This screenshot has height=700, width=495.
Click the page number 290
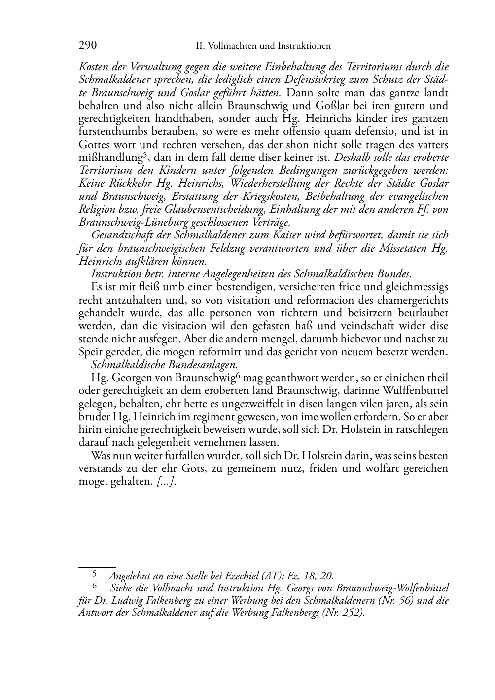coord(87,46)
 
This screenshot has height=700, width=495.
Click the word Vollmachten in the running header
coord(228,46)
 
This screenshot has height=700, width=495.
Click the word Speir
coord(89,352)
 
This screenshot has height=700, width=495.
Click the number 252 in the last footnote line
coord(351,614)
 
